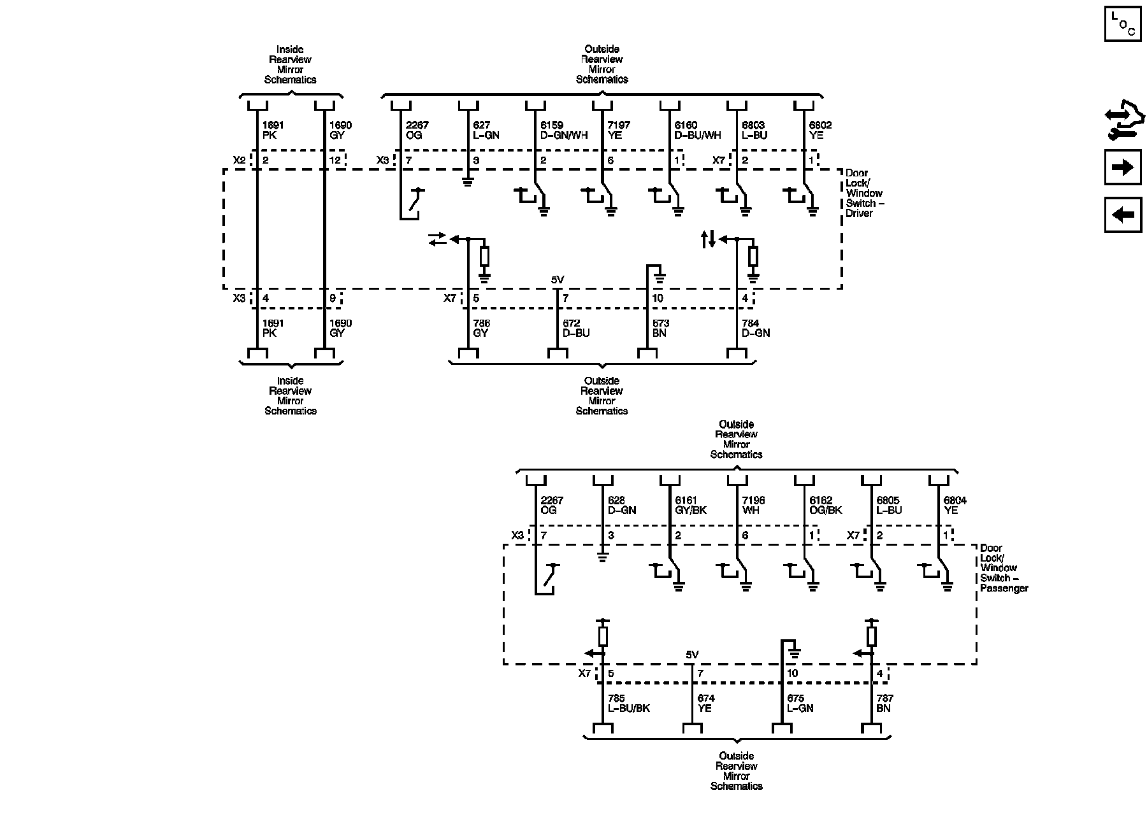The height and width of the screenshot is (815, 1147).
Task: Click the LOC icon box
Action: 1122,24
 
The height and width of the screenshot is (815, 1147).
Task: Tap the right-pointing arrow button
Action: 1122,167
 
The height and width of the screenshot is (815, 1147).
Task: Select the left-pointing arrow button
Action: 1122,215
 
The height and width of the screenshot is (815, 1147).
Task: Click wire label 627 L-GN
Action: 486,131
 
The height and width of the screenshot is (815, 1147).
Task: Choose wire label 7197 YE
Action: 619,131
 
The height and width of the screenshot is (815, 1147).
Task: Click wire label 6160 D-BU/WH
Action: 698,131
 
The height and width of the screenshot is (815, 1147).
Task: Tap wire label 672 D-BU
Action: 576,328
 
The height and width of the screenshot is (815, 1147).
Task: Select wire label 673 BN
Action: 660,328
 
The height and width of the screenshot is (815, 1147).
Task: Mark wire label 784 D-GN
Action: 756,328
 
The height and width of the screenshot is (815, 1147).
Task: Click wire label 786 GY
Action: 481,328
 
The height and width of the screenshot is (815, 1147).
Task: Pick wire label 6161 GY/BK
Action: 691,506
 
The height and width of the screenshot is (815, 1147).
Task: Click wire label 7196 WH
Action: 753,506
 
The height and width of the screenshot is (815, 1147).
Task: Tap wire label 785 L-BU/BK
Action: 629,703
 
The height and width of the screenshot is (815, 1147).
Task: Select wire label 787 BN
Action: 883,703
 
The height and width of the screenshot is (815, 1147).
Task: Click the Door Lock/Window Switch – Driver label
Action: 864,193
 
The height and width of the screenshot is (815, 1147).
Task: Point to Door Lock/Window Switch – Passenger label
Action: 1004,568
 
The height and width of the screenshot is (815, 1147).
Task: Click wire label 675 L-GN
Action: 800,703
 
